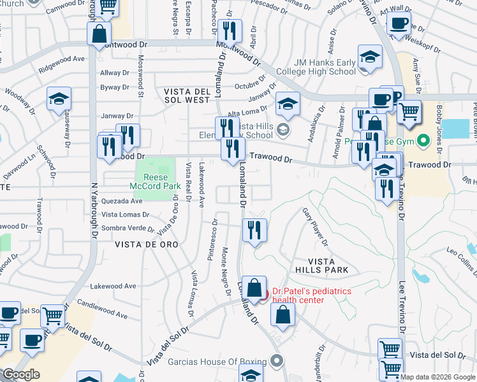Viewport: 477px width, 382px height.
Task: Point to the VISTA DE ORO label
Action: (147, 244)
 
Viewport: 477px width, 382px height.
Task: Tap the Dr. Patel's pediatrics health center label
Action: (312, 295)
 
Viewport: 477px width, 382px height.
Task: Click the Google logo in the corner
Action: (21, 374)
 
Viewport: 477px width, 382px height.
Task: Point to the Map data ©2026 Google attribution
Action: (437, 377)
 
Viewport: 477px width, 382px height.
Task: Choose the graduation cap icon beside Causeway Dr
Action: (59, 99)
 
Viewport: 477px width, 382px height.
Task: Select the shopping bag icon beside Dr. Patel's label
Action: (254, 288)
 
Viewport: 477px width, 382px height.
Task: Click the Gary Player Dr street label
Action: (315, 227)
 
